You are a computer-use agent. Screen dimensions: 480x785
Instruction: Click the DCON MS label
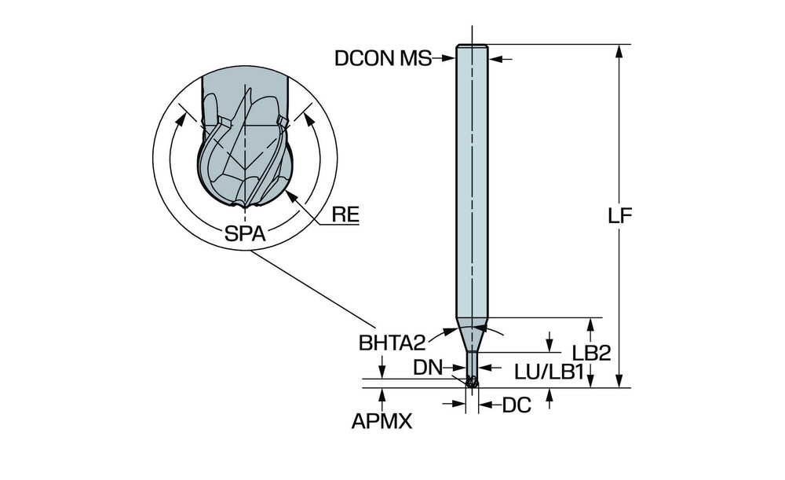(382, 58)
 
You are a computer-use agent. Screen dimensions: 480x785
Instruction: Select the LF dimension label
(621, 216)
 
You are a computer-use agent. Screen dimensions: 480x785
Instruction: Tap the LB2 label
(591, 354)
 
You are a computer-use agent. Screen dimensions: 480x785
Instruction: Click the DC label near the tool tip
(517, 405)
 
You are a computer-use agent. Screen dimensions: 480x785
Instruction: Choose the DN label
(429, 366)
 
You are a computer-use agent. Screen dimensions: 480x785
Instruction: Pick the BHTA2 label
(392, 343)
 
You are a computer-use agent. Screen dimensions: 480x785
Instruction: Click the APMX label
(382, 422)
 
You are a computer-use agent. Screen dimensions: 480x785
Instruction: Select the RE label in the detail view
(345, 213)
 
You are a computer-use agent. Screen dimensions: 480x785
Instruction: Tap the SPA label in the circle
(244, 233)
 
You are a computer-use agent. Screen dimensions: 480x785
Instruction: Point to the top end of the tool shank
(472, 47)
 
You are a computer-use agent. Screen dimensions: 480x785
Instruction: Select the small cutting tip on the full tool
(472, 383)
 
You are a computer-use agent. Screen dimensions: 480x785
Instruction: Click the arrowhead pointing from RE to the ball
(291, 196)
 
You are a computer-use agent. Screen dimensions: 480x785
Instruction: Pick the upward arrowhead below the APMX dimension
(382, 392)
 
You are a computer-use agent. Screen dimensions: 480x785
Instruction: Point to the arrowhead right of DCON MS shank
(495, 58)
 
